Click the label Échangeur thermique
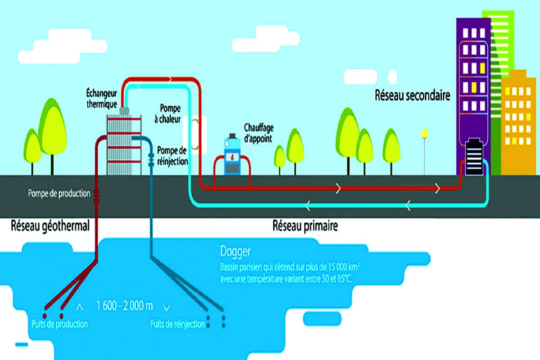click(102, 97)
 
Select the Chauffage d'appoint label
click(258, 133)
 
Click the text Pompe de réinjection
click(172, 155)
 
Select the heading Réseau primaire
click(305, 226)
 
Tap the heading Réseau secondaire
click(412, 96)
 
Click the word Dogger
click(235, 251)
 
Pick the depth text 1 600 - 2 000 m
click(124, 306)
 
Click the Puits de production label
click(59, 324)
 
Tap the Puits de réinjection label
click(178, 324)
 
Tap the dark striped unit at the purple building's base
click(474, 155)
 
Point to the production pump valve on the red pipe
click(96, 194)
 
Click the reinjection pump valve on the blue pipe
click(151, 158)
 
